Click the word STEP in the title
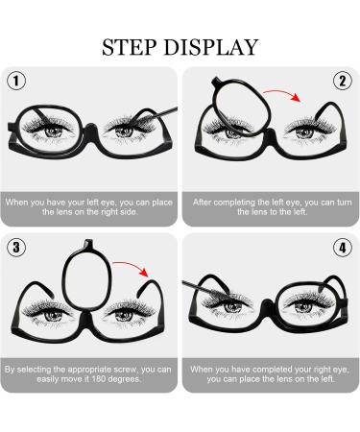point(132,46)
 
